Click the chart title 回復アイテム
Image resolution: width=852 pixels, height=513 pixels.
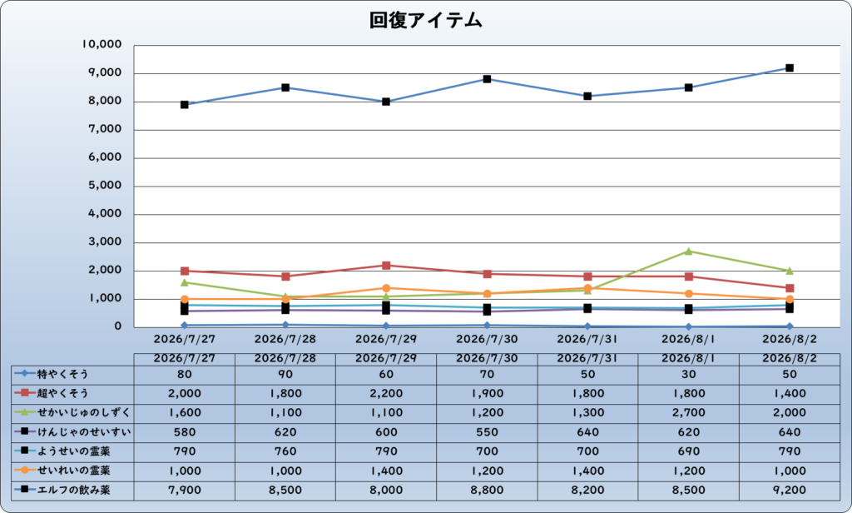click(425, 21)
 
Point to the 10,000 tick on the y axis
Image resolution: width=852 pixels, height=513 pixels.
click(102, 45)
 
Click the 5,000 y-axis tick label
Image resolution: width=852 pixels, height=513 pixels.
click(105, 185)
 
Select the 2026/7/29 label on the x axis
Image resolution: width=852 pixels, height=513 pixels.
click(386, 339)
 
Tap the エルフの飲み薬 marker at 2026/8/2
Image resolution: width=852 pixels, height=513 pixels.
click(790, 68)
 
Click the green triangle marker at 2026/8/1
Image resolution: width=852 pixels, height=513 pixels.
click(688, 252)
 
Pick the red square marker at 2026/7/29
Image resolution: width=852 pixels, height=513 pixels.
click(386, 266)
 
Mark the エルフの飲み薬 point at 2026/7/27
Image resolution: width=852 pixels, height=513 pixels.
click(185, 104)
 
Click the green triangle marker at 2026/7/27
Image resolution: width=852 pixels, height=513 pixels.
click(185, 282)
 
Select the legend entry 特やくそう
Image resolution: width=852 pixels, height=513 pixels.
click(52, 374)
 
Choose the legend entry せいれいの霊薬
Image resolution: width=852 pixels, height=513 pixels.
click(62, 470)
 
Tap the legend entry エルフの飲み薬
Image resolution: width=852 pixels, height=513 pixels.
click(62, 490)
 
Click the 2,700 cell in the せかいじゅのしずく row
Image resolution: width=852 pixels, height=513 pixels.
click(688, 412)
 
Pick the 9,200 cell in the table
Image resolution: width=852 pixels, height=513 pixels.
click(790, 491)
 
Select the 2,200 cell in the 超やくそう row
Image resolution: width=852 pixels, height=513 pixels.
click(386, 393)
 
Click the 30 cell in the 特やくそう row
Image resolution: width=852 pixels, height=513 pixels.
click(688, 374)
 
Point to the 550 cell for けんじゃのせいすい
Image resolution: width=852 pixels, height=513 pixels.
click(487, 432)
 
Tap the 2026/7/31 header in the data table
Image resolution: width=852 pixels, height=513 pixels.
click(587, 358)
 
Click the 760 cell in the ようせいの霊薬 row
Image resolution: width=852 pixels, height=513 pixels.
click(285, 451)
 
